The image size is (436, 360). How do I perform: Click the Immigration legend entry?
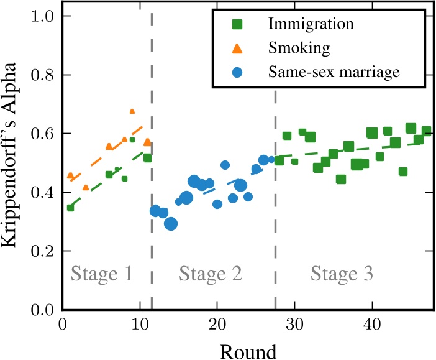pos(311,25)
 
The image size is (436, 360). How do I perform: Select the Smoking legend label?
pos(291,48)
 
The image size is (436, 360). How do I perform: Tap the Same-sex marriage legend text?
pos(333,72)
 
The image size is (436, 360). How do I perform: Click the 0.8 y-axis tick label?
pos(45,75)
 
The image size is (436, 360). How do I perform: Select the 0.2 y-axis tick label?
pos(45,251)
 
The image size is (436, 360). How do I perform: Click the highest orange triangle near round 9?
pos(132,111)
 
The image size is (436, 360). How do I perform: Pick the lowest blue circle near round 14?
pos(171,224)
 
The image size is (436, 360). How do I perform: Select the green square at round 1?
pos(70,208)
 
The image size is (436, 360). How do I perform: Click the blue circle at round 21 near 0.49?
pos(225,165)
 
